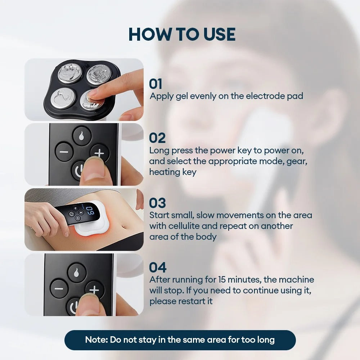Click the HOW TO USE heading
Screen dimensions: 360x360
pyautogui.click(x=182, y=35)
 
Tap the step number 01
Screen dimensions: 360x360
pyautogui.click(x=156, y=84)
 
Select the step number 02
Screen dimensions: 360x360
pyautogui.click(x=157, y=138)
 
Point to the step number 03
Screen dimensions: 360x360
pyautogui.click(x=157, y=203)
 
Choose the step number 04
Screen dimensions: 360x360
pyautogui.click(x=158, y=267)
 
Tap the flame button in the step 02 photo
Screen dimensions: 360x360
pyautogui.click(x=82, y=135)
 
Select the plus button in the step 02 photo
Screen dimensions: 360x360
pyautogui.click(x=99, y=153)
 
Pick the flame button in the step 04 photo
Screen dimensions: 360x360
pyautogui.click(x=77, y=273)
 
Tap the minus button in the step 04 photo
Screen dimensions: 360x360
pyautogui.click(x=59, y=289)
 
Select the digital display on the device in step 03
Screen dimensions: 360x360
pyautogui.click(x=91, y=211)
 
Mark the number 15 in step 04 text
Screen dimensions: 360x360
pyautogui.click(x=223, y=280)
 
